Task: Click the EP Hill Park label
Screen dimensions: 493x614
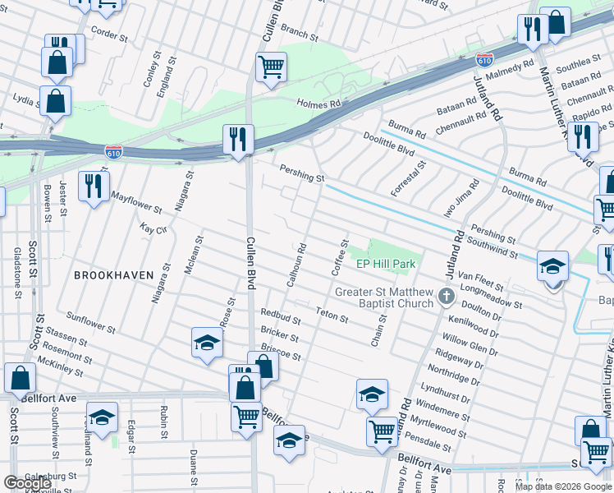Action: pyautogui.click(x=387, y=264)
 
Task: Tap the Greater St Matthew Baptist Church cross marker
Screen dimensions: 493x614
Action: pyautogui.click(x=446, y=296)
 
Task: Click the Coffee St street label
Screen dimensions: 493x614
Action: pyautogui.click(x=340, y=257)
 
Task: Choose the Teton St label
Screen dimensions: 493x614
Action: pyautogui.click(x=332, y=314)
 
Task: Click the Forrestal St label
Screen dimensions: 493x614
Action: pyautogui.click(x=409, y=178)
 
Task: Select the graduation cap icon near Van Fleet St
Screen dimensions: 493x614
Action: pyautogui.click(x=553, y=266)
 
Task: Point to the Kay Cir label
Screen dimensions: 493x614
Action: pyautogui.click(x=153, y=228)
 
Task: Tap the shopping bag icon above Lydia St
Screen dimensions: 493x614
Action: pyautogui.click(x=55, y=102)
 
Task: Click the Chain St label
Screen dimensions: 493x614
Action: pyautogui.click(x=378, y=333)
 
